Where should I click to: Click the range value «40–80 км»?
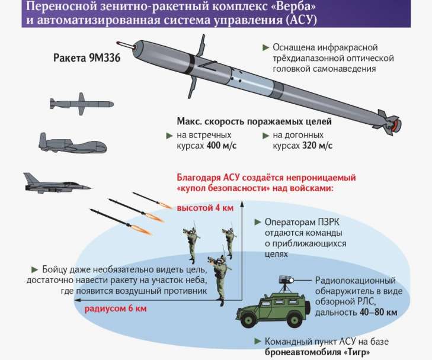(376, 313)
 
